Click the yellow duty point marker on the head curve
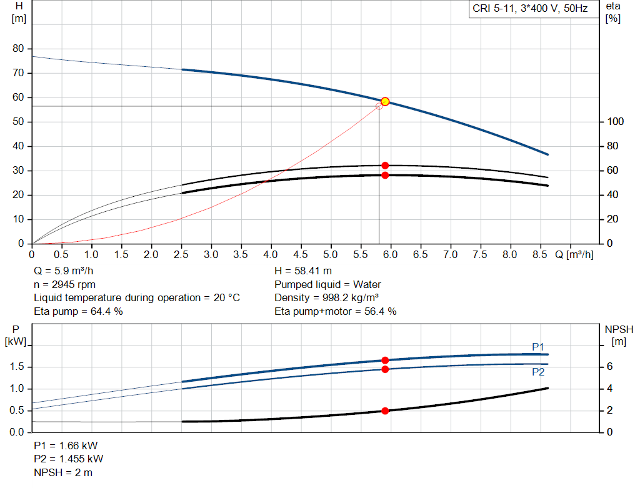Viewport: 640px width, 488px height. (385, 101)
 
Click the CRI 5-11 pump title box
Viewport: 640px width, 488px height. (529, 9)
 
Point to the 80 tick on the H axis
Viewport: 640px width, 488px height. (18, 49)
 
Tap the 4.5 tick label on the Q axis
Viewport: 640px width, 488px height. (301, 254)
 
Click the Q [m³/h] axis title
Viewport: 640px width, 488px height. (574, 254)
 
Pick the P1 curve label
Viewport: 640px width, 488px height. (539, 347)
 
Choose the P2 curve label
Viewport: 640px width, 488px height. (539, 372)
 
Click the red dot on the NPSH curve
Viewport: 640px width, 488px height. (385, 411)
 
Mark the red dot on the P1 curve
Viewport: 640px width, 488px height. (385, 360)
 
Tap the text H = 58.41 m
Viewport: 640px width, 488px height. (303, 271)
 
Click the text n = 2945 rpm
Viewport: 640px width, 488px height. (64, 284)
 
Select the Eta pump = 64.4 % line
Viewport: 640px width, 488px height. (78, 311)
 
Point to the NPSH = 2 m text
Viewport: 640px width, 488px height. (63, 472)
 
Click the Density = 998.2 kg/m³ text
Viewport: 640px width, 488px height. (327, 297)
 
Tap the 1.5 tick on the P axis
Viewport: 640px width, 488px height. (17, 367)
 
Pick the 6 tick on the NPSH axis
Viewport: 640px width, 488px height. (609, 367)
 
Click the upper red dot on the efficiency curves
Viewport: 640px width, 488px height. (385, 166)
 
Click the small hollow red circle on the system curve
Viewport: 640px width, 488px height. (379, 106)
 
